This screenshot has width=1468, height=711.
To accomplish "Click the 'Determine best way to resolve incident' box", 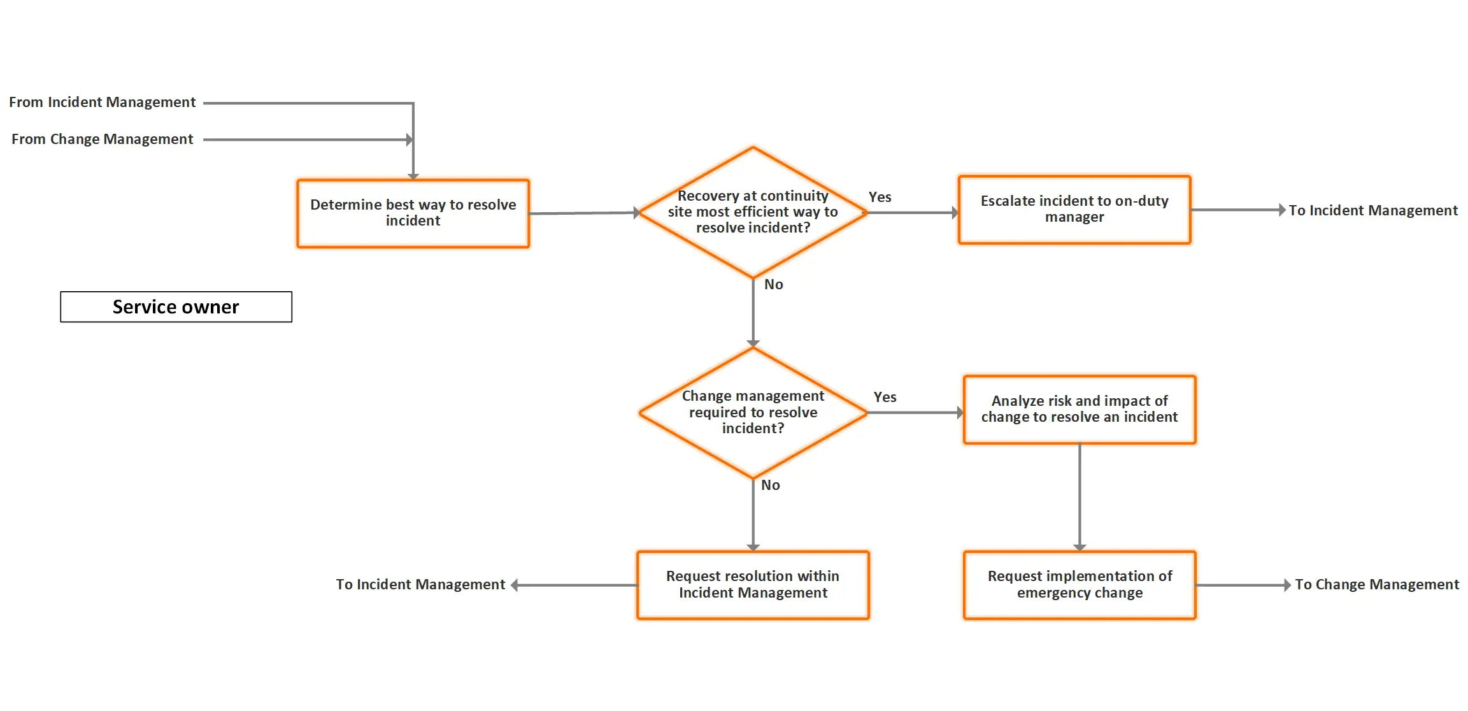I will click(413, 213).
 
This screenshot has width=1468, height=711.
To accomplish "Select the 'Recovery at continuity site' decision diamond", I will click(753, 212).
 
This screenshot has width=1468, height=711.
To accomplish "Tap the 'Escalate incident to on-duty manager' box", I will click(1074, 210).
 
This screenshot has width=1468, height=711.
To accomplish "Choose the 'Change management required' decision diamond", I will click(753, 412).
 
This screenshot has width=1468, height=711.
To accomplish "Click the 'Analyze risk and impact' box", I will click(1079, 409).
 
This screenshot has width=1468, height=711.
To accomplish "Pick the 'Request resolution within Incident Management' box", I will click(753, 584).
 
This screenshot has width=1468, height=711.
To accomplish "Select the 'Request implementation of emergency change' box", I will click(1079, 584).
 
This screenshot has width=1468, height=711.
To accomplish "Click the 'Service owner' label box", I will click(176, 307).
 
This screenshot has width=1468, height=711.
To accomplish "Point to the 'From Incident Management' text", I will click(102, 103).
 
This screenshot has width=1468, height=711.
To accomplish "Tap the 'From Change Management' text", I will click(102, 140).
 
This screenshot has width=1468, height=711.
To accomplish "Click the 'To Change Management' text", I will click(1376, 584).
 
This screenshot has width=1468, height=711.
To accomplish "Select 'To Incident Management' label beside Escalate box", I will click(1372, 210).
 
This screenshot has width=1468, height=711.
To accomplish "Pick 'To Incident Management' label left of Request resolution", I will click(420, 584).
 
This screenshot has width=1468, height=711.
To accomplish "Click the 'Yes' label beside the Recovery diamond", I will click(880, 197).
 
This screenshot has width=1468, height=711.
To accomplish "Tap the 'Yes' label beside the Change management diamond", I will click(885, 398).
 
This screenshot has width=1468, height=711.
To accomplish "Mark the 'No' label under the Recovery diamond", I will click(773, 285).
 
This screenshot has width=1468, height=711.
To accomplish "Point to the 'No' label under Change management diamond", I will click(770, 485).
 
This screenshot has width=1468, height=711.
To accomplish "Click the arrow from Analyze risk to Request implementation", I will click(1080, 497).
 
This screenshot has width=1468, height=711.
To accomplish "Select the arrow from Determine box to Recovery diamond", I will click(583, 213).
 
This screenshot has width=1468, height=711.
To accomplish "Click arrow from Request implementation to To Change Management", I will click(1242, 585).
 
